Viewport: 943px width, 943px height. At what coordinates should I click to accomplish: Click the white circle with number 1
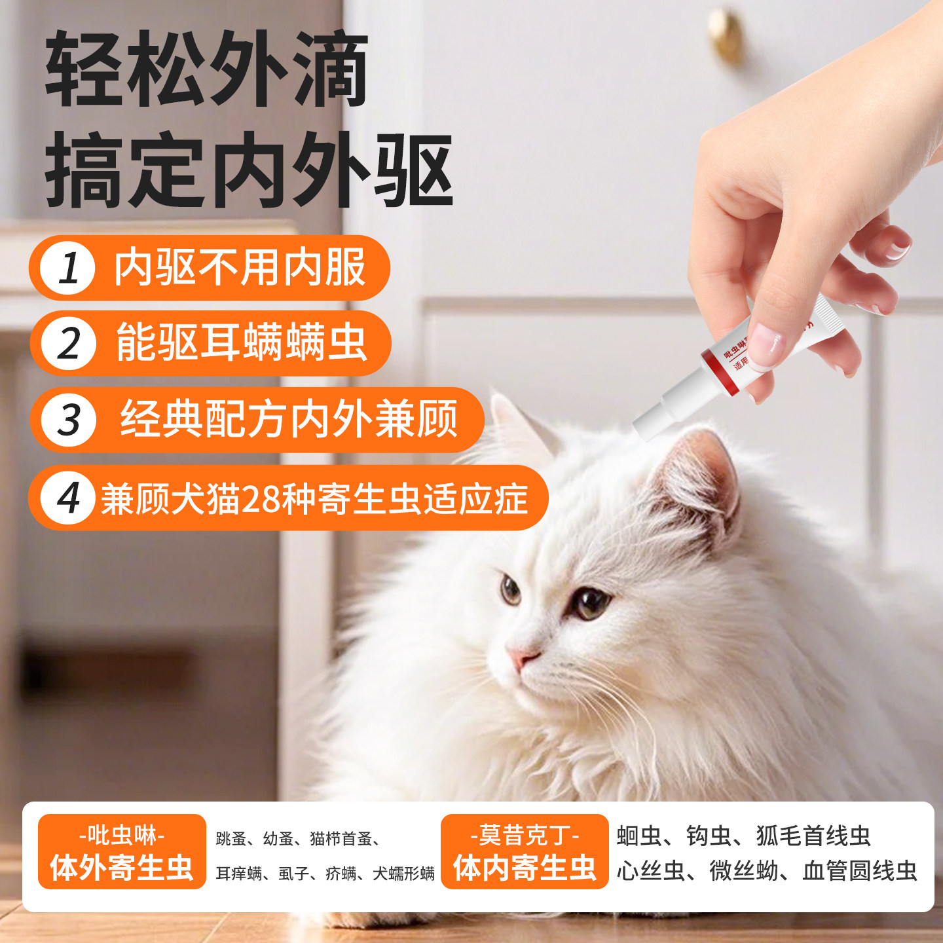pyautogui.click(x=67, y=268)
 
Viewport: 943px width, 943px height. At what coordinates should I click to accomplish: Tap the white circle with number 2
pyautogui.click(x=67, y=344)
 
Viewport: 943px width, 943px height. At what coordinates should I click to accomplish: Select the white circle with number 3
pyautogui.click(x=68, y=420)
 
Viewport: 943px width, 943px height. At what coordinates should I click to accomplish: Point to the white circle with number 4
pyautogui.click(x=67, y=498)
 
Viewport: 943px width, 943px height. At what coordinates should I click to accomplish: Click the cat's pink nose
pyautogui.click(x=522, y=657)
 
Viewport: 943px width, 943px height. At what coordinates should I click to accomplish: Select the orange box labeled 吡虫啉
pyautogui.click(x=122, y=852)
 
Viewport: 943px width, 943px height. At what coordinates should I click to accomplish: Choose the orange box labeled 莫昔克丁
pyautogui.click(x=525, y=852)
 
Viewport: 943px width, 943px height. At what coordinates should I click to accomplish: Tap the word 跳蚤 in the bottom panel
pyautogui.click(x=231, y=839)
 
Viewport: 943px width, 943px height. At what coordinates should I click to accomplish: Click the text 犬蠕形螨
pyautogui.click(x=403, y=874)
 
